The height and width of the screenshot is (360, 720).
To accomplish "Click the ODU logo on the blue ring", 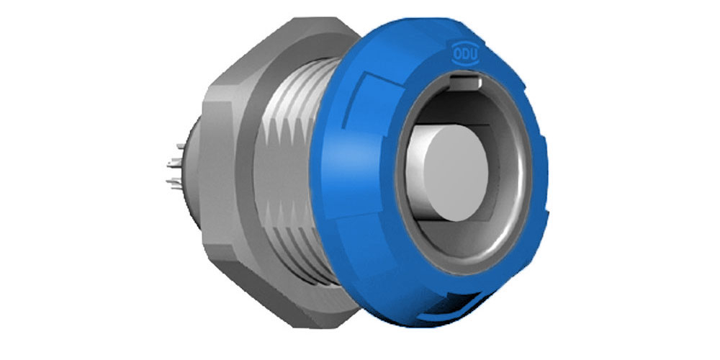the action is coord(466,53).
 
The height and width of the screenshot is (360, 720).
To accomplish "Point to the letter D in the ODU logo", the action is coord(466,53).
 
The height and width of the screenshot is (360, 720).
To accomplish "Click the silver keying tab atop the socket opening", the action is coord(464,82).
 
